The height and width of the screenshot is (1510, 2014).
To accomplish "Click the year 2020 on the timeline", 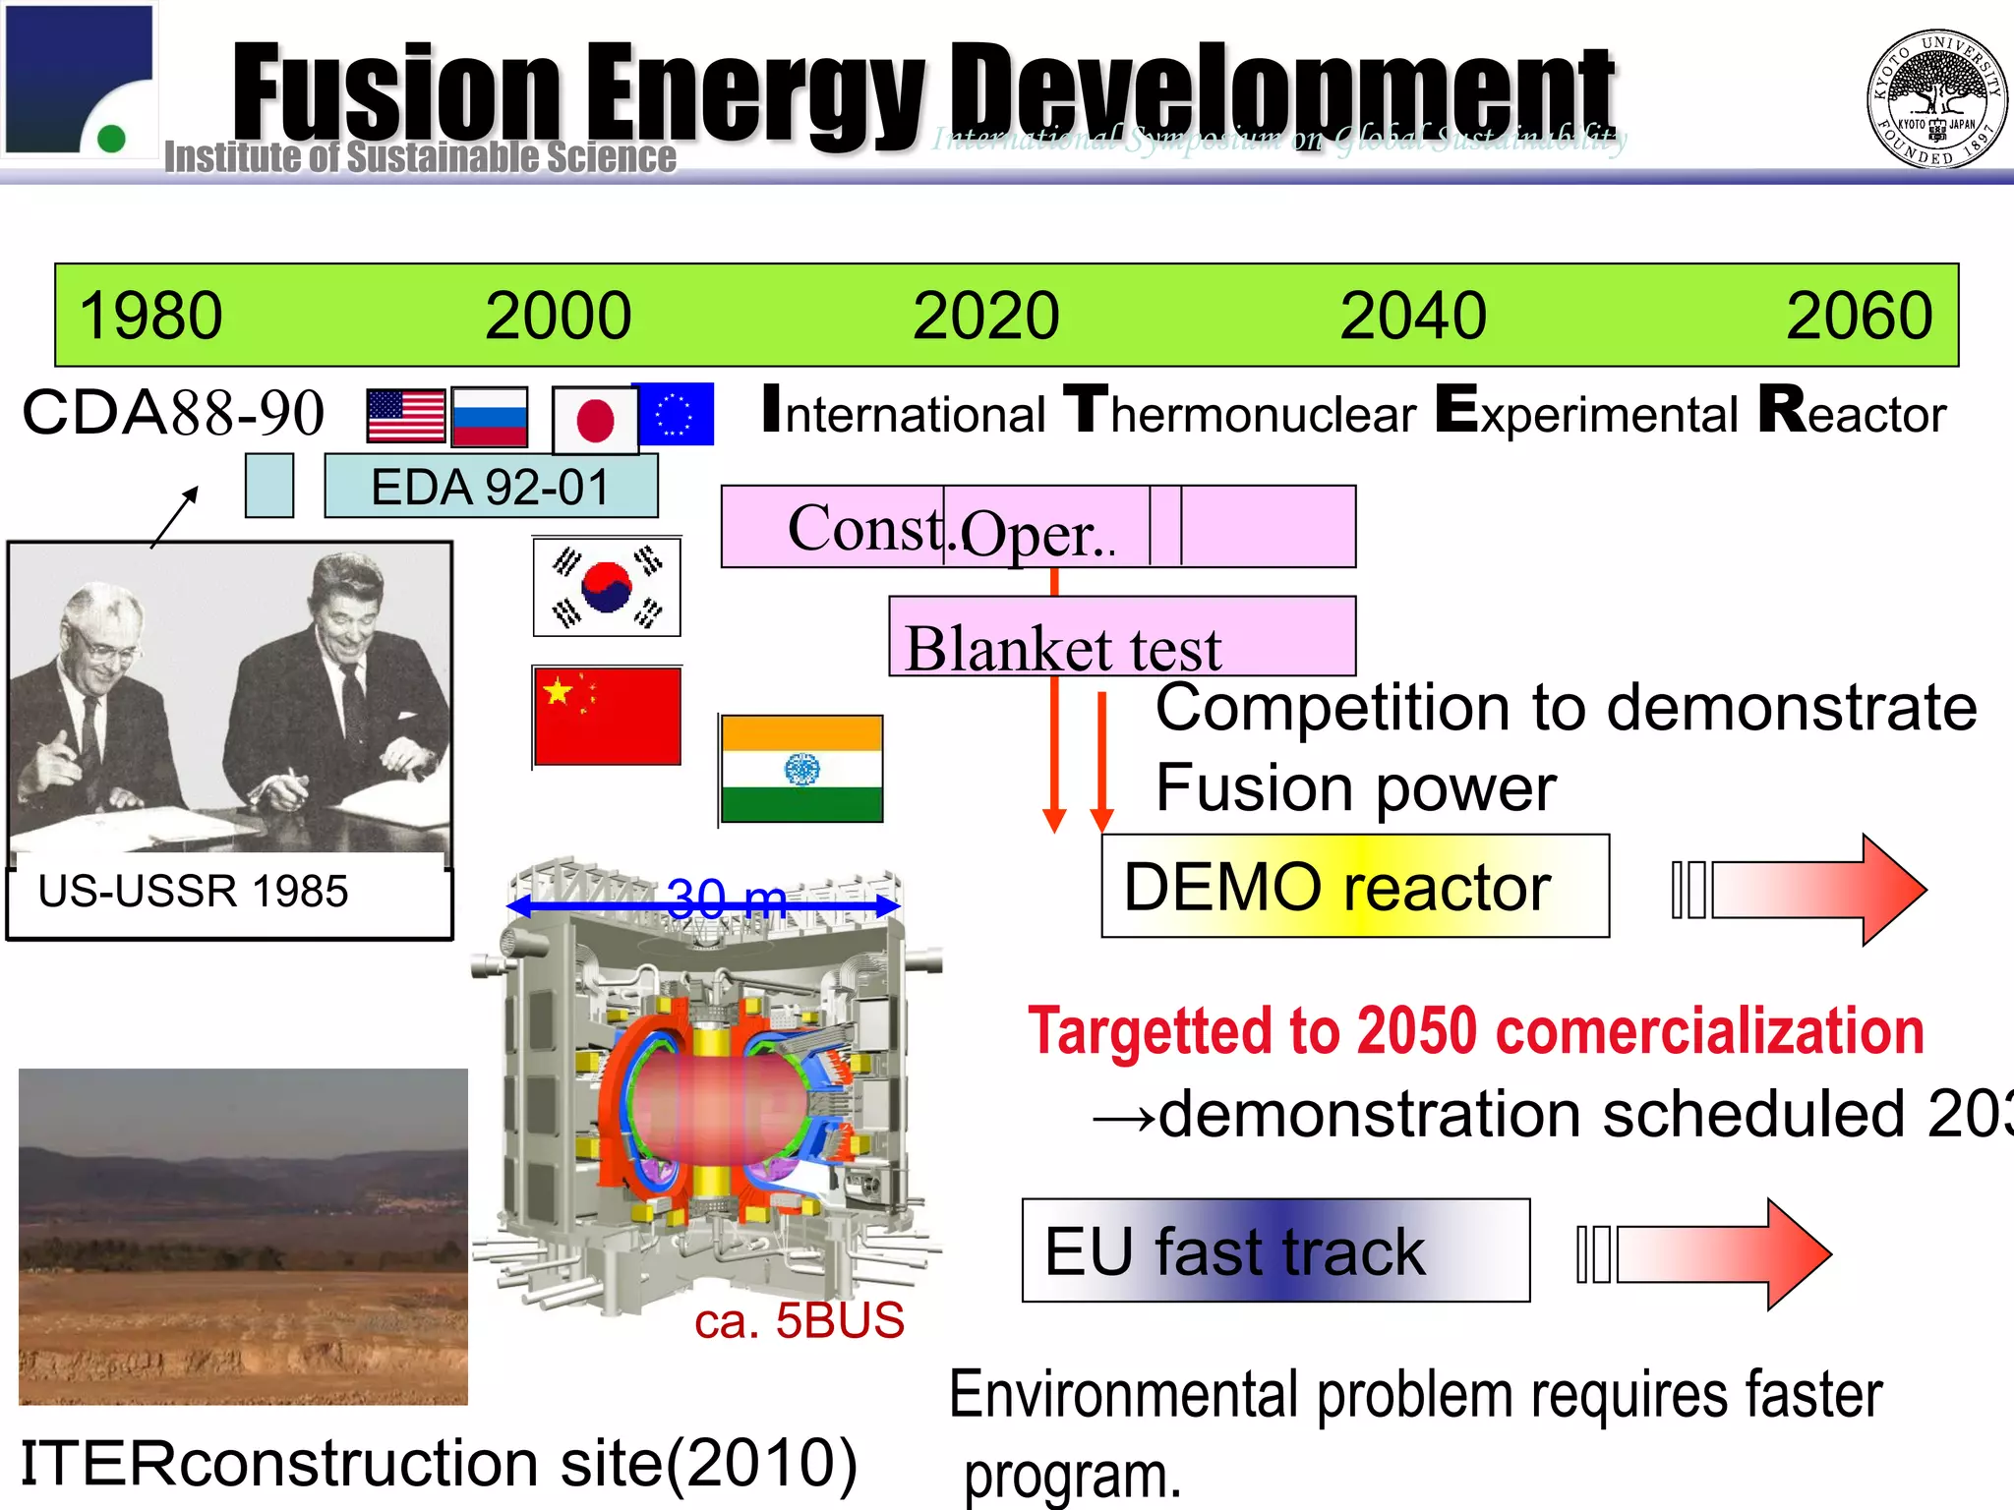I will coord(985,316).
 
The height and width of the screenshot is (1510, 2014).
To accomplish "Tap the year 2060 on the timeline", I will coord(1859,316).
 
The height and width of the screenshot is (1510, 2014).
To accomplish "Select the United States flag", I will coord(405,416).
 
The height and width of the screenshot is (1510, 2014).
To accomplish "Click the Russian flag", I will coord(490,416).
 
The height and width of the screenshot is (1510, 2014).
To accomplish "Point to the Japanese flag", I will coord(595,421).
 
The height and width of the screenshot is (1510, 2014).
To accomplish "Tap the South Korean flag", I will coord(607,587).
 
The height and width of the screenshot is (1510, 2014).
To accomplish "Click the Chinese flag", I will coord(608,717).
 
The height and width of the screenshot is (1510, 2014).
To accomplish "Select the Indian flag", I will coord(801,769).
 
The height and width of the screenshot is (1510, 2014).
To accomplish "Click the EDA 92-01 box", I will coord(491,487).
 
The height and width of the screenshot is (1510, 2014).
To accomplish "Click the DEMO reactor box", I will coord(1354,887).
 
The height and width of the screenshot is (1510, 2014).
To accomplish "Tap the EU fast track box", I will coord(1274,1250).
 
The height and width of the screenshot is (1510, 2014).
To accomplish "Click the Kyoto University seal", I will coord(1935,98).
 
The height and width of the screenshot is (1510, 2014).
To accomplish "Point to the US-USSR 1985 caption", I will coord(194,892).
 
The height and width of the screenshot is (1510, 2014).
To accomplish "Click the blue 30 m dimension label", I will coord(727,898).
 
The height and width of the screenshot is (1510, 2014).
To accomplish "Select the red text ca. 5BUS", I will coord(799,1320).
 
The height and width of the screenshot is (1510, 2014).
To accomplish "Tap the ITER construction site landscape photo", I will coord(243,1236).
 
